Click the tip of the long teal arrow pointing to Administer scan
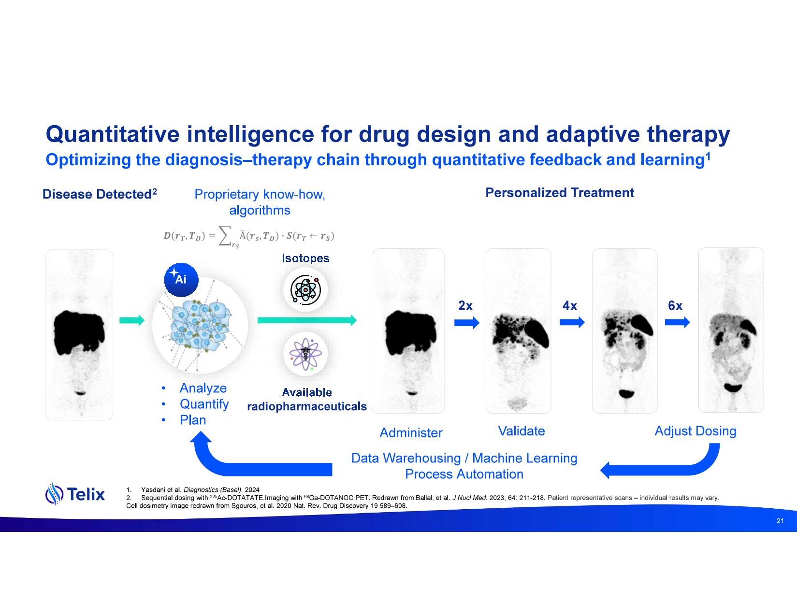pos(357,320)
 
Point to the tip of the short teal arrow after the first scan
pos(145,320)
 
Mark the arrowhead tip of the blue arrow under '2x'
pos(479,322)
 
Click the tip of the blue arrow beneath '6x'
pos(690,322)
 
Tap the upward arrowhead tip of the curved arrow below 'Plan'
pos(201,431)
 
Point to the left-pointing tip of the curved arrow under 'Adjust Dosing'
pos(600,470)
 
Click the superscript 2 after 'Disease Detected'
pos(154,191)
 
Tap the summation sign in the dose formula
pos(225,235)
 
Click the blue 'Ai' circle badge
pos(181,280)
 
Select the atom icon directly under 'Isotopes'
pos(305,289)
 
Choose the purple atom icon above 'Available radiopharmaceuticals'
pos(305,354)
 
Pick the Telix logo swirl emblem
pos(54,494)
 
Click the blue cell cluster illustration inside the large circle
pos(200,324)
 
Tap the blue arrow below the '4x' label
pos(572,322)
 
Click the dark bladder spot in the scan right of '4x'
pos(626,394)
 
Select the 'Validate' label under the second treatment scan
pos(521,431)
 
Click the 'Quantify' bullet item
pos(204,404)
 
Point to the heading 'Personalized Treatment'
pos(560,193)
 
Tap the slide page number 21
pos(780,521)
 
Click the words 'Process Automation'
pos(464,474)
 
